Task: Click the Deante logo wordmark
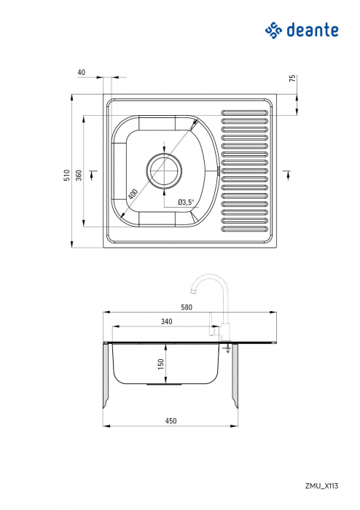pos(311,31)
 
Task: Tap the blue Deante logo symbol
pos(273,30)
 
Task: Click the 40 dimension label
pos(81,73)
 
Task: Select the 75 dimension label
pos(292,79)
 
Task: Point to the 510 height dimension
pos(66,175)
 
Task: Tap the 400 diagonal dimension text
pos(133,195)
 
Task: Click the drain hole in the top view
pos(165,171)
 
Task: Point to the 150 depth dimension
pos(162,363)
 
